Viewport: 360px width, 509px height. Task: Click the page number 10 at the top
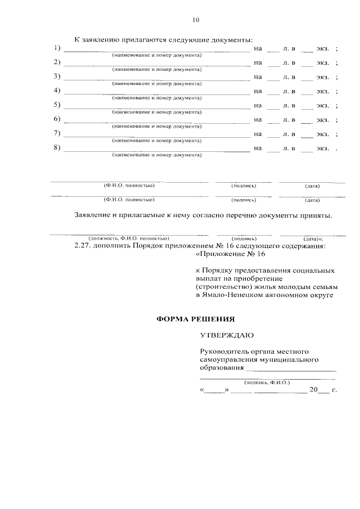196,20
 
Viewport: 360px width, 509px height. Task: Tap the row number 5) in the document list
57,105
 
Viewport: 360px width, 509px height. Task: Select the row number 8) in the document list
57,148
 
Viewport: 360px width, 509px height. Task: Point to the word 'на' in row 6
258,120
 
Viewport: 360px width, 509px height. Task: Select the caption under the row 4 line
156,98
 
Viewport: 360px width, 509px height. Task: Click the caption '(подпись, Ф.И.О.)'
267,382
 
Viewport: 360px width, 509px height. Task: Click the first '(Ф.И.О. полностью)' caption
128,185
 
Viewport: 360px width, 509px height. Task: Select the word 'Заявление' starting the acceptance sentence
93,215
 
